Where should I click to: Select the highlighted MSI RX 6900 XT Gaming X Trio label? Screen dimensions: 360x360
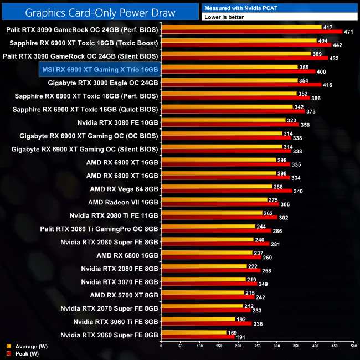[100, 69]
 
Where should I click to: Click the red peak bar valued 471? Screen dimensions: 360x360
[251, 32]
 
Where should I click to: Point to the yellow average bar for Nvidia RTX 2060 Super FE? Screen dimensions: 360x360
[193, 332]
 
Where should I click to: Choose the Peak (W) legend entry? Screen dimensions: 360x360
[22, 353]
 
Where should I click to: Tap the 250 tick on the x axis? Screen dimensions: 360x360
[257, 347]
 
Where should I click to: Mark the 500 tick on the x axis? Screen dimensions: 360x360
[353, 347]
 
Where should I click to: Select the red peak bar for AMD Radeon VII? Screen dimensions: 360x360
[220, 204]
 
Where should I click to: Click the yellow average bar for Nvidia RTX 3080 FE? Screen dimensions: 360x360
[223, 120]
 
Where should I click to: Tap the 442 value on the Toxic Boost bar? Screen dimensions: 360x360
[337, 45]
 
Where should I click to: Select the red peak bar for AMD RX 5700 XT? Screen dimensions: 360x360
[207, 297]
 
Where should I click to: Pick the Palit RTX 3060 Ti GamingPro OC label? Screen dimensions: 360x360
[100, 229]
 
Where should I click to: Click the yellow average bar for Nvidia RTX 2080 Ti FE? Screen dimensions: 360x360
[211, 213]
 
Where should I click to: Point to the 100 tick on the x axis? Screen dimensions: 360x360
[199, 347]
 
